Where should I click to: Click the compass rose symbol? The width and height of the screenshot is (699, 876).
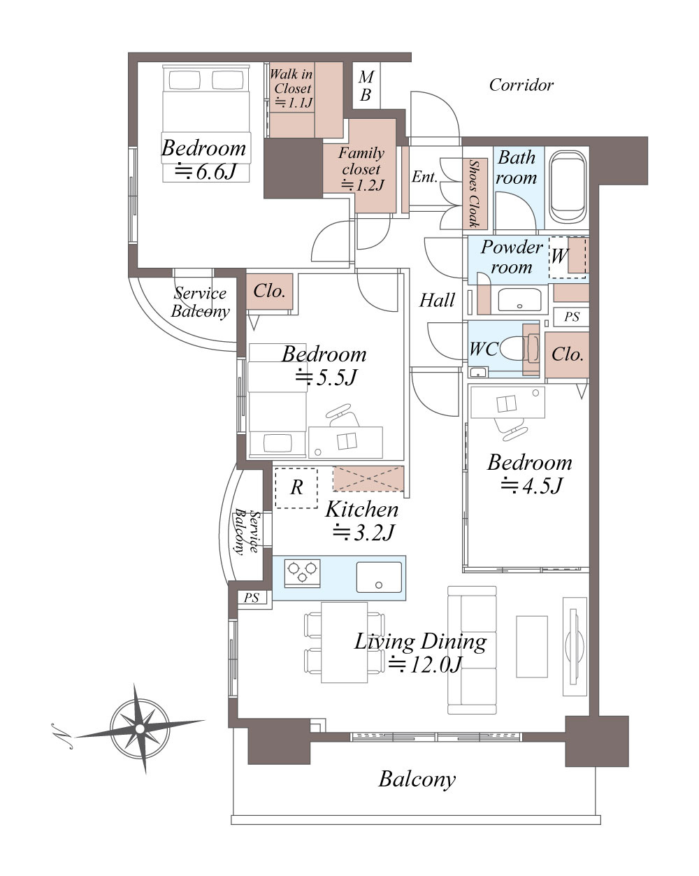(x=140, y=728)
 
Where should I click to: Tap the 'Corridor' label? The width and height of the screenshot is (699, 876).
(x=521, y=85)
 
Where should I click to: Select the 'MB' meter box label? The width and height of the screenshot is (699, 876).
(x=366, y=85)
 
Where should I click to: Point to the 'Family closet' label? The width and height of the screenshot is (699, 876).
(x=361, y=161)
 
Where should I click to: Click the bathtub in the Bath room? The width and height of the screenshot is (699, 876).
(x=568, y=187)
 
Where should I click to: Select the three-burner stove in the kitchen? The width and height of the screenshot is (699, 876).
(x=302, y=573)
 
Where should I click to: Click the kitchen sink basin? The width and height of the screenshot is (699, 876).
(x=379, y=577)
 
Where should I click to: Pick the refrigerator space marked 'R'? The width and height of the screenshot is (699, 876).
(x=296, y=488)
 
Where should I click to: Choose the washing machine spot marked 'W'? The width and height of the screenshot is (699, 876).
(x=568, y=258)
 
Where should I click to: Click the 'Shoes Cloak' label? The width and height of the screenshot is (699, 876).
(x=475, y=194)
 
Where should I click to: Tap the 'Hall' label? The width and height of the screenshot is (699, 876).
(x=437, y=301)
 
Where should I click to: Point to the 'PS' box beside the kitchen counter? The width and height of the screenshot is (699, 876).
(x=252, y=598)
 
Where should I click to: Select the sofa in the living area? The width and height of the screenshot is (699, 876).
(x=473, y=650)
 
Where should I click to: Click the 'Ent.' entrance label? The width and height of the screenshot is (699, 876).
(x=424, y=177)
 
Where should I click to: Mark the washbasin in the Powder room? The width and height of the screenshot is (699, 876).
(x=520, y=300)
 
